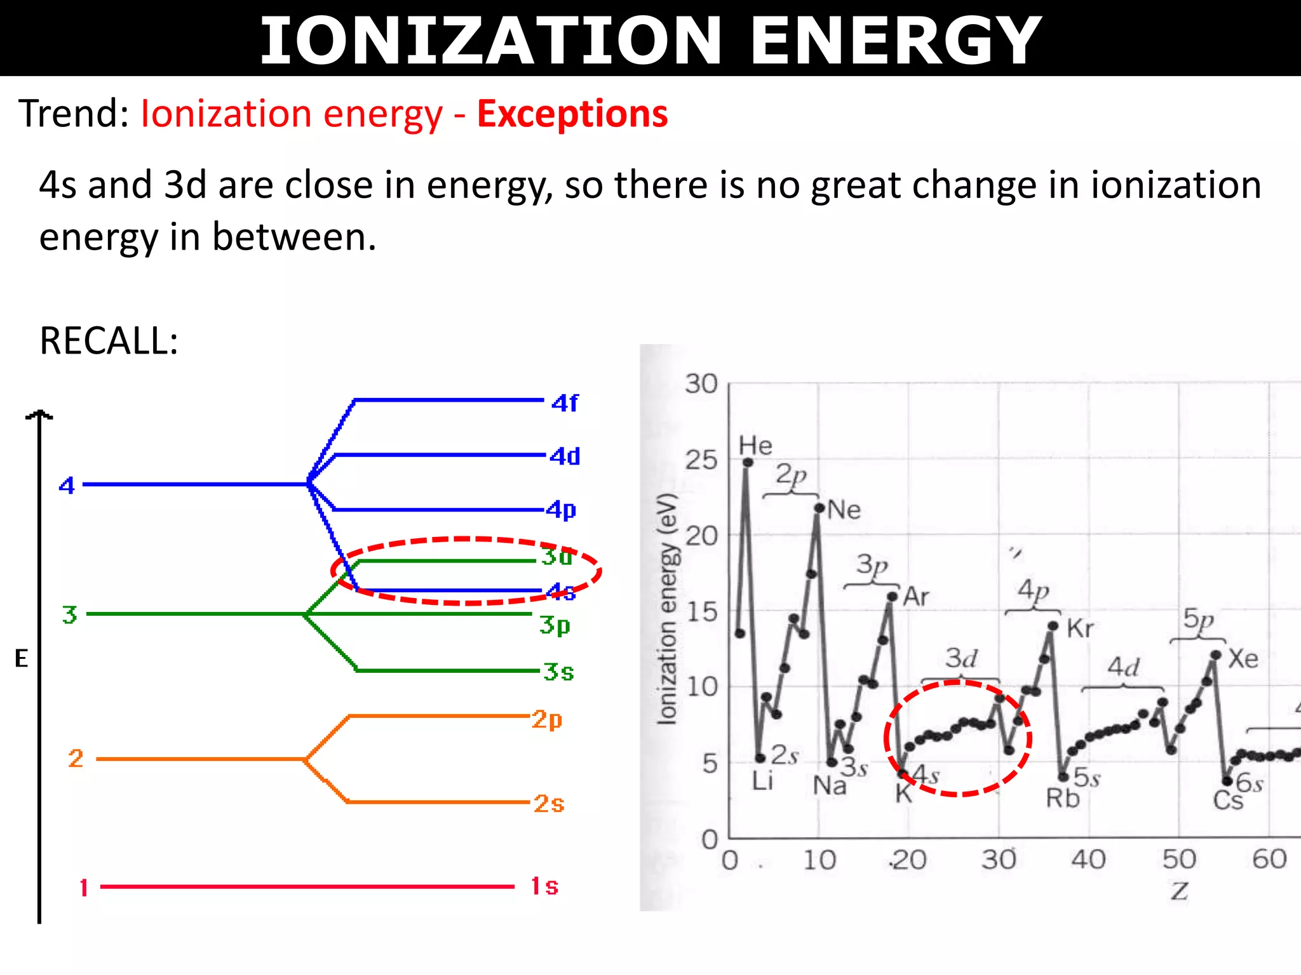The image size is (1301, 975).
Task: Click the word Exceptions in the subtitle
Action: click(572, 114)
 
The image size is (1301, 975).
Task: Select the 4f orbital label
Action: click(565, 403)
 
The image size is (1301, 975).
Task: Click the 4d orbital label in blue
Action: click(565, 456)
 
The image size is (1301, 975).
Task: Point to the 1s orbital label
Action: click(544, 886)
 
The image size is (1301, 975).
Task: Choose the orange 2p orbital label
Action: click(547, 719)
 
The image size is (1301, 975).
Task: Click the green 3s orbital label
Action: click(558, 672)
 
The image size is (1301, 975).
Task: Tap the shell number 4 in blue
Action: click(67, 486)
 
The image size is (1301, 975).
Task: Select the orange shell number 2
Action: click(76, 759)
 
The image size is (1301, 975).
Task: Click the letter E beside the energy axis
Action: click(22, 659)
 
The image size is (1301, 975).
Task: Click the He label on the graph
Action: click(755, 446)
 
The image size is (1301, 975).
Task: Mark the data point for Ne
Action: click(819, 508)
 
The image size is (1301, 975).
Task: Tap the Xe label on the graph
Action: click(1243, 659)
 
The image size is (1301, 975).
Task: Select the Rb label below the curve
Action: click(1063, 799)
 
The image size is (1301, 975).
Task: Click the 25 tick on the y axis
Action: click(701, 460)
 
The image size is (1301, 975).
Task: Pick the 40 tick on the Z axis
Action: click(1088, 860)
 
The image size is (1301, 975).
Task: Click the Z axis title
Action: click(1180, 891)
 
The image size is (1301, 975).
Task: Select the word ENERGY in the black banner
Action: click(896, 41)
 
